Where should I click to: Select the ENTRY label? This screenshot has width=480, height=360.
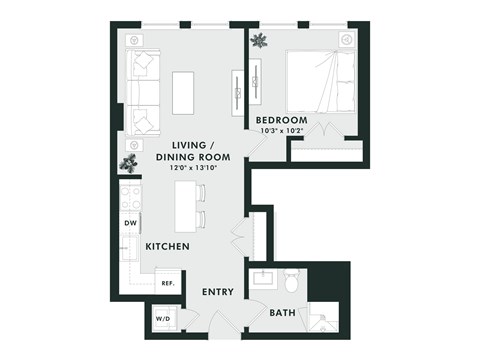click(x=217, y=292)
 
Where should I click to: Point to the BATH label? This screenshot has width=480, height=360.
click(x=282, y=313)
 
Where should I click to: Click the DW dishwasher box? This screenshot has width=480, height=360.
click(x=130, y=223)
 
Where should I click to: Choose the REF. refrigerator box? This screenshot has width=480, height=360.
click(x=167, y=283)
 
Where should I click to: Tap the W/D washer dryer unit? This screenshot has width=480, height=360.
click(x=161, y=319)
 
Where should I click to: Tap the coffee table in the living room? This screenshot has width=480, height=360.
click(x=183, y=93)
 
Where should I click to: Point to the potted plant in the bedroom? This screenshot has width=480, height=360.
click(x=259, y=41)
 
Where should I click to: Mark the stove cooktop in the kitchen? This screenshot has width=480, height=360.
click(x=130, y=196)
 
